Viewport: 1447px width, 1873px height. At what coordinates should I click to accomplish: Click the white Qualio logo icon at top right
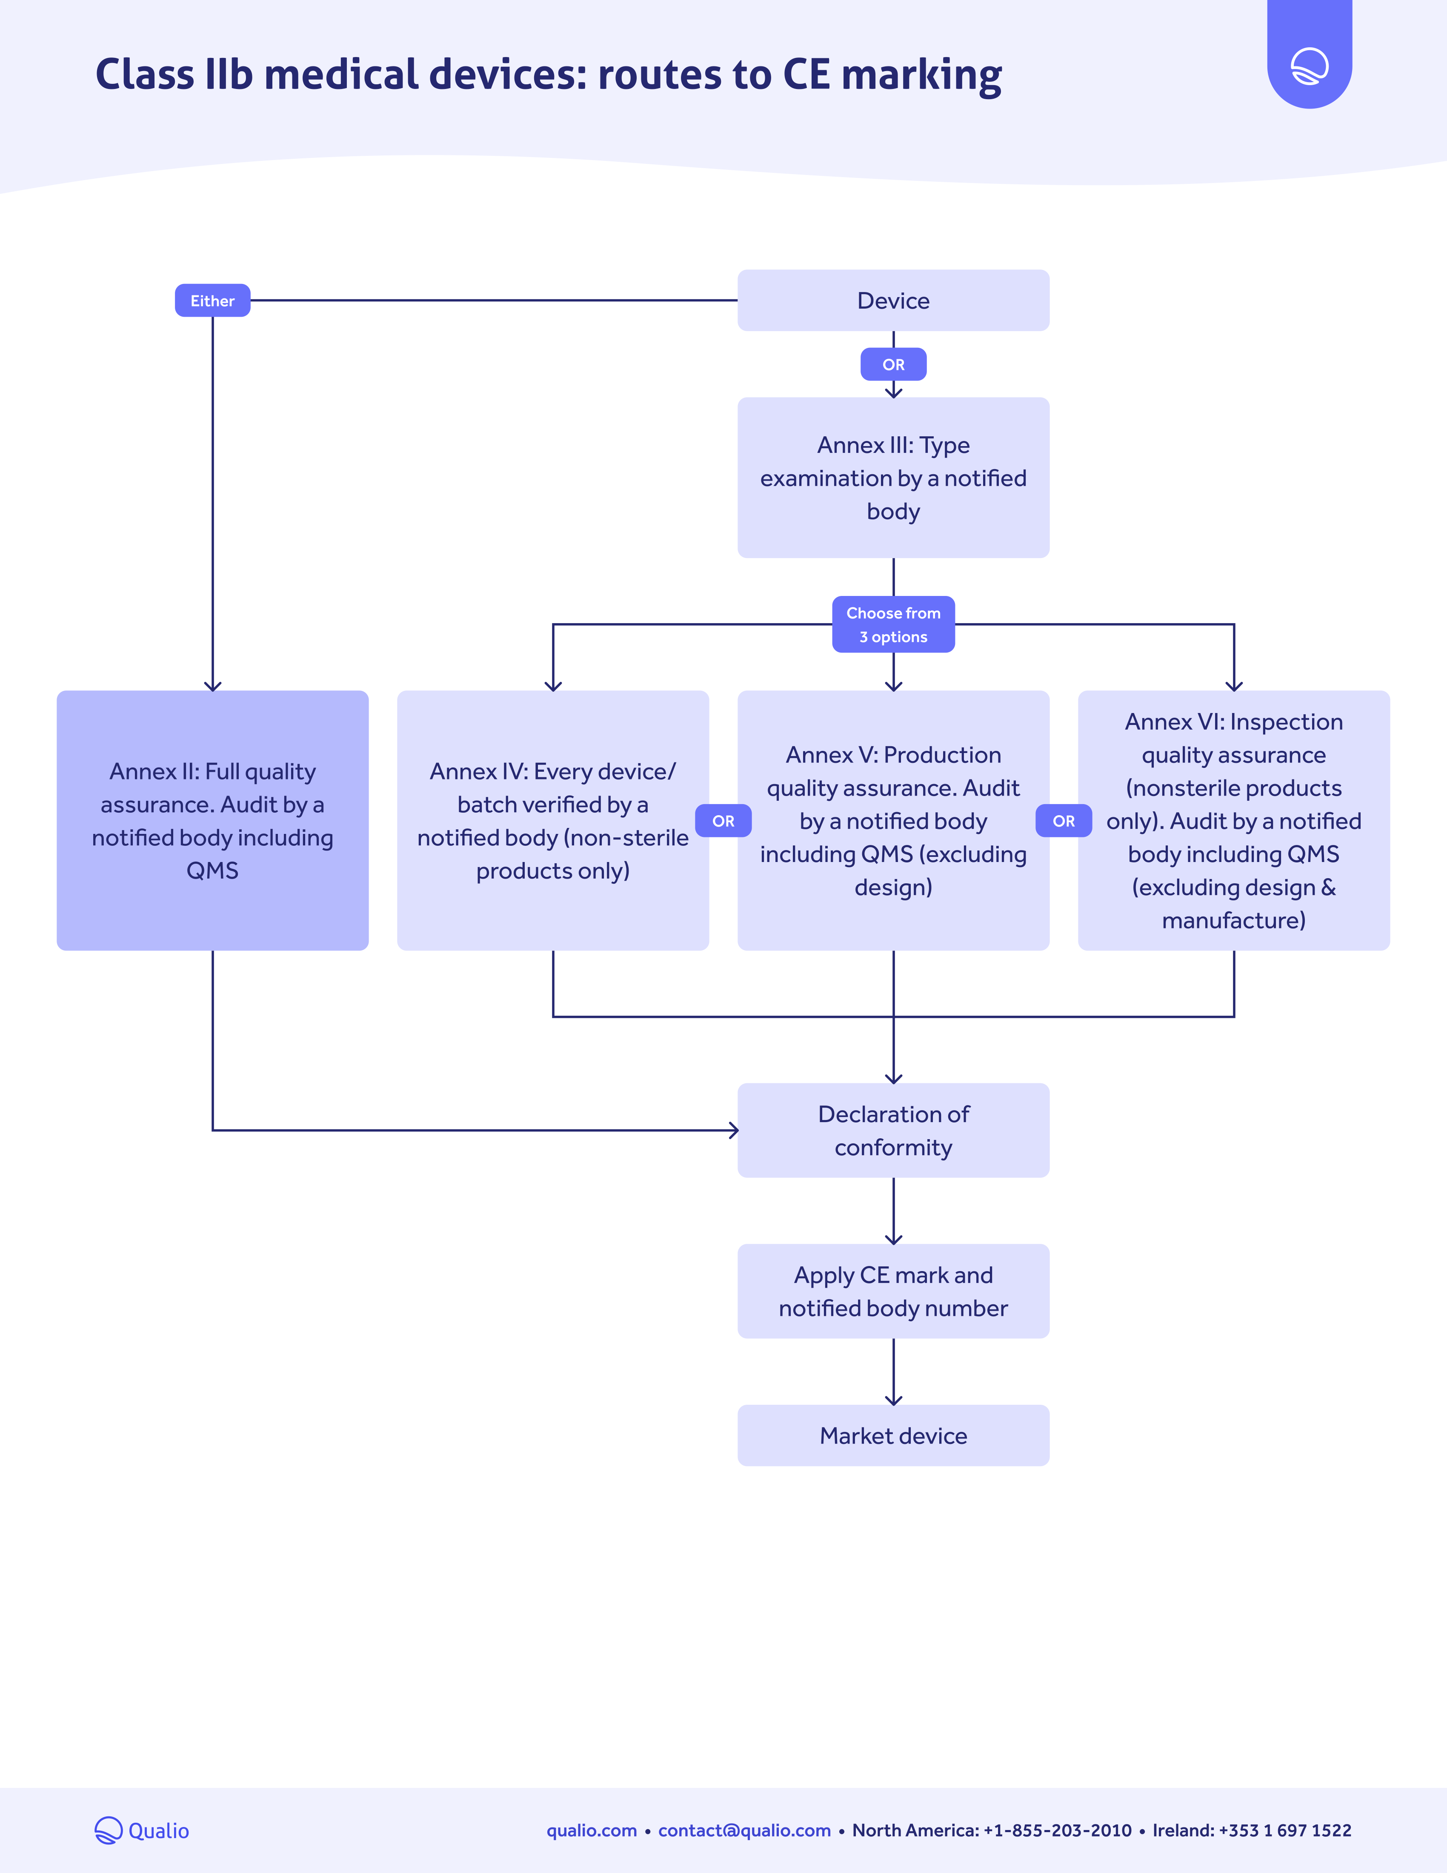(1309, 66)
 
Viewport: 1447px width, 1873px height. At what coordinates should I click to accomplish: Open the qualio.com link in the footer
(592, 1830)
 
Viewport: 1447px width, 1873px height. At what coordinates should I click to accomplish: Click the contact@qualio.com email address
(744, 1830)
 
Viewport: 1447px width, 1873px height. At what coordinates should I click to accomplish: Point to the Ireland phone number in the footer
(1252, 1830)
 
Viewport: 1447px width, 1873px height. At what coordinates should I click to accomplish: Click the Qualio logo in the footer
(141, 1830)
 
